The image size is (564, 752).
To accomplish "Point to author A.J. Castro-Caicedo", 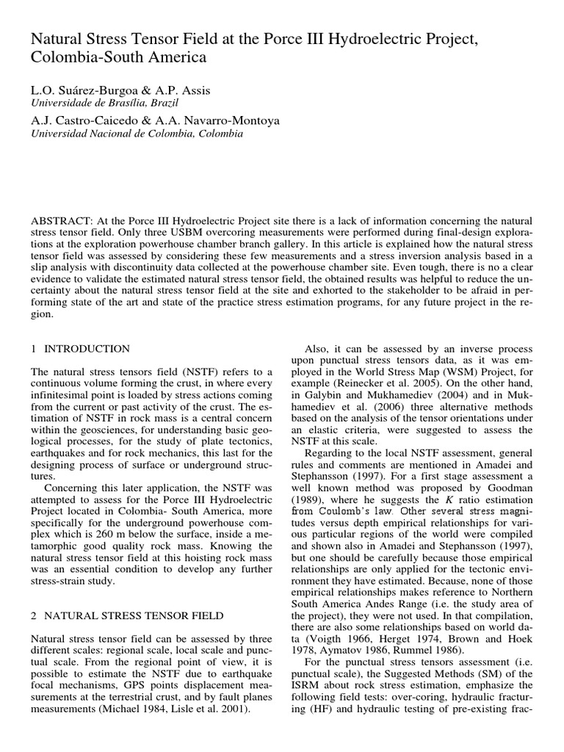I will [83, 120].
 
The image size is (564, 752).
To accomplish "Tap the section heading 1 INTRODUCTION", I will [81, 349].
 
